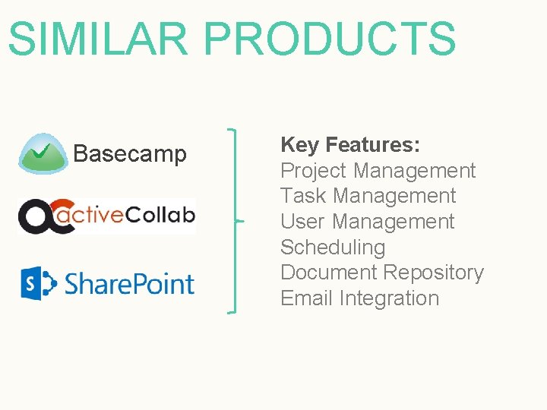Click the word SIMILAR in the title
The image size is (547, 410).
[x=98, y=39]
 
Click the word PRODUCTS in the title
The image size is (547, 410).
[x=330, y=39]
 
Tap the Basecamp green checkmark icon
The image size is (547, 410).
[x=43, y=154]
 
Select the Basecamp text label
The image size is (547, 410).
[x=130, y=154]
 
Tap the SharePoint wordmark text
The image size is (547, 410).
[x=129, y=284]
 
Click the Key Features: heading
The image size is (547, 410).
[x=351, y=144]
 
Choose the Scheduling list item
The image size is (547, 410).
[x=333, y=248]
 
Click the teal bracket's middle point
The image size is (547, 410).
[x=238, y=221]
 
